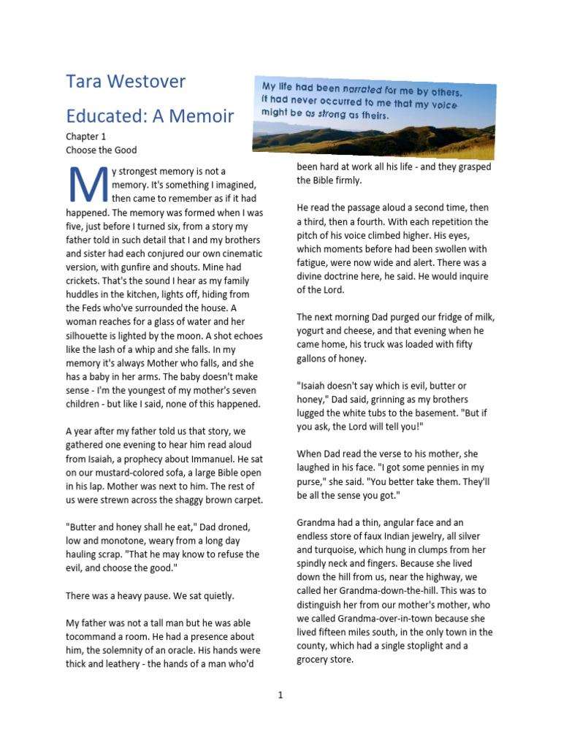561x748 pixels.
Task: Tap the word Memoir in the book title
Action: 204,115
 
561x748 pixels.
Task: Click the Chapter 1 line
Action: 86,137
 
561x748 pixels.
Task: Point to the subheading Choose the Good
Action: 101,150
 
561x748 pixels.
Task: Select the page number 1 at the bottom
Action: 280,695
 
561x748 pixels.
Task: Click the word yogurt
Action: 315,331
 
